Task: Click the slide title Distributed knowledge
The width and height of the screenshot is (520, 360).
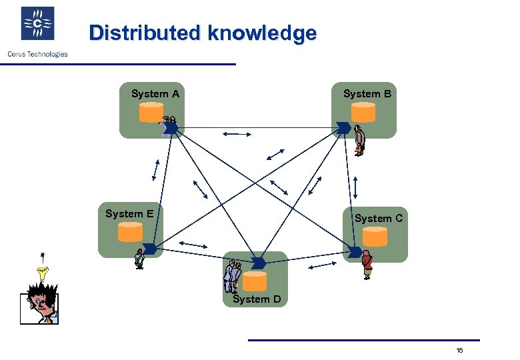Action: (x=203, y=33)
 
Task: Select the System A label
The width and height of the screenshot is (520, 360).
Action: (x=155, y=94)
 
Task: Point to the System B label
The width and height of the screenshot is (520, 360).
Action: (x=367, y=94)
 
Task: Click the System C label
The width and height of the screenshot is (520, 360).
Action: (x=379, y=218)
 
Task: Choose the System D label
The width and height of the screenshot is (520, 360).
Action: (x=257, y=299)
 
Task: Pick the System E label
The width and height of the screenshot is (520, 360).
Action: (x=129, y=214)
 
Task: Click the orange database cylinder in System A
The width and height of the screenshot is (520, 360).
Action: (x=151, y=113)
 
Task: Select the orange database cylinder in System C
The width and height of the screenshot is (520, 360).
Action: (x=375, y=236)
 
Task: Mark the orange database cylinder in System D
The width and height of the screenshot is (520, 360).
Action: (x=255, y=280)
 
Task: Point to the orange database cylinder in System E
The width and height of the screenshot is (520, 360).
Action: (x=131, y=231)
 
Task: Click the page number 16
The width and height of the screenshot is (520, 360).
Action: (x=459, y=351)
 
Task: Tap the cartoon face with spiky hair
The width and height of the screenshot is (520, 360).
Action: (x=39, y=303)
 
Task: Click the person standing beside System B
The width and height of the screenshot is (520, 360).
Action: (x=360, y=141)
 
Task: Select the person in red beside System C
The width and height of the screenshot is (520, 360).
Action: (x=367, y=264)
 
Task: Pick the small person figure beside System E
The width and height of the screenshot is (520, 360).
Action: (x=139, y=259)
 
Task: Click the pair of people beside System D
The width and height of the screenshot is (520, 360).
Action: (x=232, y=277)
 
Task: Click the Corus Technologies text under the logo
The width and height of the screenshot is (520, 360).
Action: (x=37, y=54)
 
